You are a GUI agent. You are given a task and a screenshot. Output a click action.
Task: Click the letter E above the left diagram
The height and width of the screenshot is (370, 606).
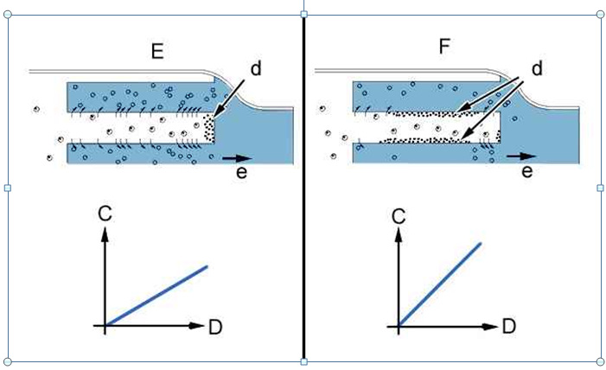[x=157, y=51]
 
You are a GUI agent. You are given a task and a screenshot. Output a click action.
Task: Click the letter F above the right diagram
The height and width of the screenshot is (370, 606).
[x=444, y=47]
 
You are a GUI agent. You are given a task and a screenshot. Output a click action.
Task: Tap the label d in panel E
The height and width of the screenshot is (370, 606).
[x=256, y=68]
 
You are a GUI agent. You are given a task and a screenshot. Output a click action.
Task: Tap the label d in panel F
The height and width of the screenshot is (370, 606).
[x=537, y=68]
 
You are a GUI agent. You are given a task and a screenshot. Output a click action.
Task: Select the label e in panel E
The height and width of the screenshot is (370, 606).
[x=241, y=172]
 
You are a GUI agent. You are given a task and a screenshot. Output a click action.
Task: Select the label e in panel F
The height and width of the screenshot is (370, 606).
[x=527, y=170]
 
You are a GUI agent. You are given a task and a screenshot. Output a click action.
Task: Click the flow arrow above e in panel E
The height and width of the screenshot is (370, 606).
[x=237, y=158]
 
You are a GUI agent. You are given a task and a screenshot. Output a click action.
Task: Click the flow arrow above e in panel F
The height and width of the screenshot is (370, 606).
[x=521, y=156]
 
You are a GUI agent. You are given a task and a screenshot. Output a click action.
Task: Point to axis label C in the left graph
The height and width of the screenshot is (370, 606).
[x=105, y=214]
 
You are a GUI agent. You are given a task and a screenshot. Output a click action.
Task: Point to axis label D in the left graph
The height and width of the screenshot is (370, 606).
[x=215, y=327]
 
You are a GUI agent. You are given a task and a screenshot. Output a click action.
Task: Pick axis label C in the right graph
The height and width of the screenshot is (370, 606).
[x=399, y=216]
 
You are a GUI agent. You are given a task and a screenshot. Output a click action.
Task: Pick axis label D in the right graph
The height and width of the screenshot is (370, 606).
[x=509, y=327]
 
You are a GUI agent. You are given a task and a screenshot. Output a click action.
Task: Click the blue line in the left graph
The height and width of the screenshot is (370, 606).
[x=156, y=296]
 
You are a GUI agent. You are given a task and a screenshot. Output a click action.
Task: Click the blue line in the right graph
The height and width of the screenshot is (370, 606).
[x=440, y=284]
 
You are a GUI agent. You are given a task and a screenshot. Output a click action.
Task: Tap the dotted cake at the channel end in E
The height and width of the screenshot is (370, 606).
[x=208, y=128]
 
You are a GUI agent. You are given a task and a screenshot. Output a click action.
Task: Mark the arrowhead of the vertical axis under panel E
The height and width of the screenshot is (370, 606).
[x=105, y=233]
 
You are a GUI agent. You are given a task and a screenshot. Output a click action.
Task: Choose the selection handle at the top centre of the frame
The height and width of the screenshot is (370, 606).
[x=303, y=15]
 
